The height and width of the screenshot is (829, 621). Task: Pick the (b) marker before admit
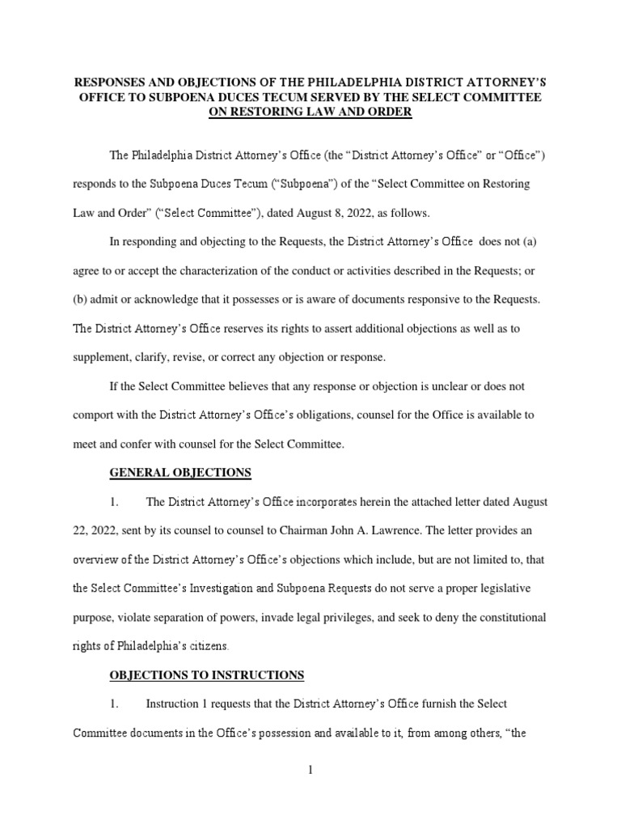pyautogui.click(x=82, y=300)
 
